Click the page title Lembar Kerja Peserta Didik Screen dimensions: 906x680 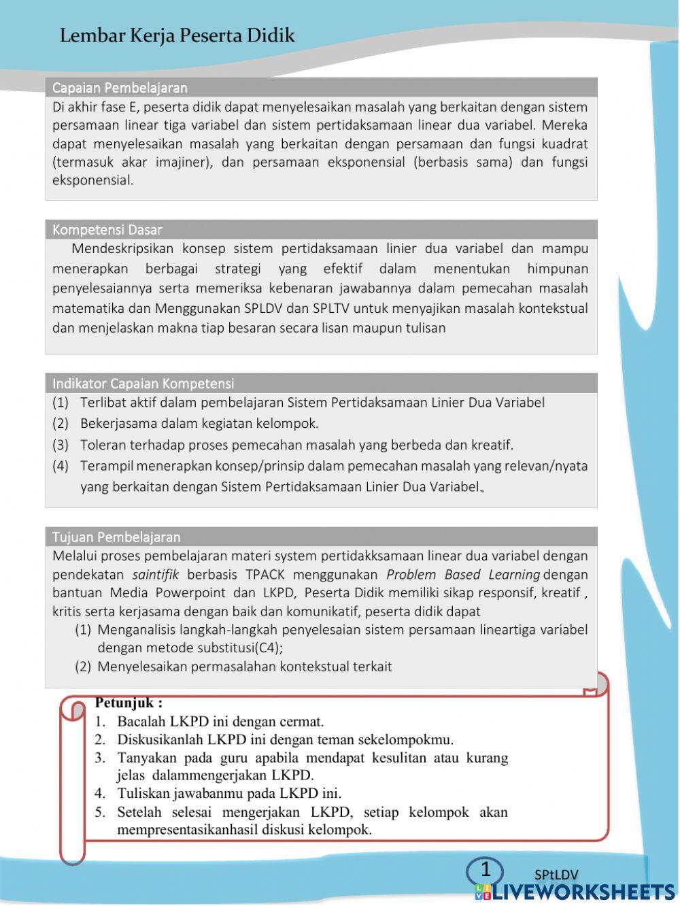(177, 35)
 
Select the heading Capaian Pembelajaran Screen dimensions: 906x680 (120, 88)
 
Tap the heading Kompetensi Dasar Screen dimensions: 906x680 (107, 230)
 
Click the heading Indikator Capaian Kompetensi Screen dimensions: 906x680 (143, 384)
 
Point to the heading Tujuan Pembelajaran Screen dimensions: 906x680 (116, 537)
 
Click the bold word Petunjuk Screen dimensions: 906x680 (129, 703)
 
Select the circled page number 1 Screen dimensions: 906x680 (486, 869)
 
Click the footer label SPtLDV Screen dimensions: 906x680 (556, 875)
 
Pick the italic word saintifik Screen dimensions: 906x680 (156, 575)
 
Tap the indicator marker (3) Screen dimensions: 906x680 (61, 445)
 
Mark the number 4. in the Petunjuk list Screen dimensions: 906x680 (100, 793)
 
